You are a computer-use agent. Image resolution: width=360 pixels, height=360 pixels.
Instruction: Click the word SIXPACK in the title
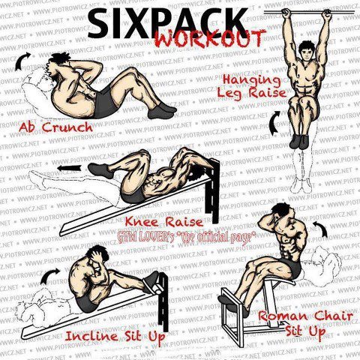coord(167,24)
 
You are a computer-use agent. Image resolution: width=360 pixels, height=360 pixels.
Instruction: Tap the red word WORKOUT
coord(210,38)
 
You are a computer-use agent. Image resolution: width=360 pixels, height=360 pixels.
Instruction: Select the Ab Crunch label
coord(55,127)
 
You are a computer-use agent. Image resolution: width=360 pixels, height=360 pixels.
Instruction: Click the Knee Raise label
coord(164,222)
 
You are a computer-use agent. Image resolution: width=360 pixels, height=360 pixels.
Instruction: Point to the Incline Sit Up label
coord(115,336)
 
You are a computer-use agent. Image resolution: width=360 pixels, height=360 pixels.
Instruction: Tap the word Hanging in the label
coord(252,80)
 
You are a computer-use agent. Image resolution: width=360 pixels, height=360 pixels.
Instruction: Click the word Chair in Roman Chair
coord(333,316)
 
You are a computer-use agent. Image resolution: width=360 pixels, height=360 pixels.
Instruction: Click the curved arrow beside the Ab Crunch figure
coord(22,61)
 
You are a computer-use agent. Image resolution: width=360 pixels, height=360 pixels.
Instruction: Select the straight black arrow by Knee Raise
coord(69,168)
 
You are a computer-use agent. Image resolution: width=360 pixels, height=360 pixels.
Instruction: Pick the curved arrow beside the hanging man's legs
coord(274,122)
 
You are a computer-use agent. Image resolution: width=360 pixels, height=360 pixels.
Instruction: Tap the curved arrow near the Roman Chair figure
coord(322,228)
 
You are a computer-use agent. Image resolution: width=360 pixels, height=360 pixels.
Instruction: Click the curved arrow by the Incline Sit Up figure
coord(49,275)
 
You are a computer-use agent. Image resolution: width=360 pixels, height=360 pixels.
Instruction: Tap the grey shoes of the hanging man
coord(298,142)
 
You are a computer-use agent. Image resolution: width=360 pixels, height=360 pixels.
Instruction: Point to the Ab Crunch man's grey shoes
coord(162,111)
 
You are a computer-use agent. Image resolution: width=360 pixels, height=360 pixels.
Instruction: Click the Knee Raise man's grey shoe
coord(100,169)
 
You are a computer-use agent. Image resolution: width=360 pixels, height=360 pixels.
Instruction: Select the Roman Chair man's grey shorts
coord(293,268)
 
